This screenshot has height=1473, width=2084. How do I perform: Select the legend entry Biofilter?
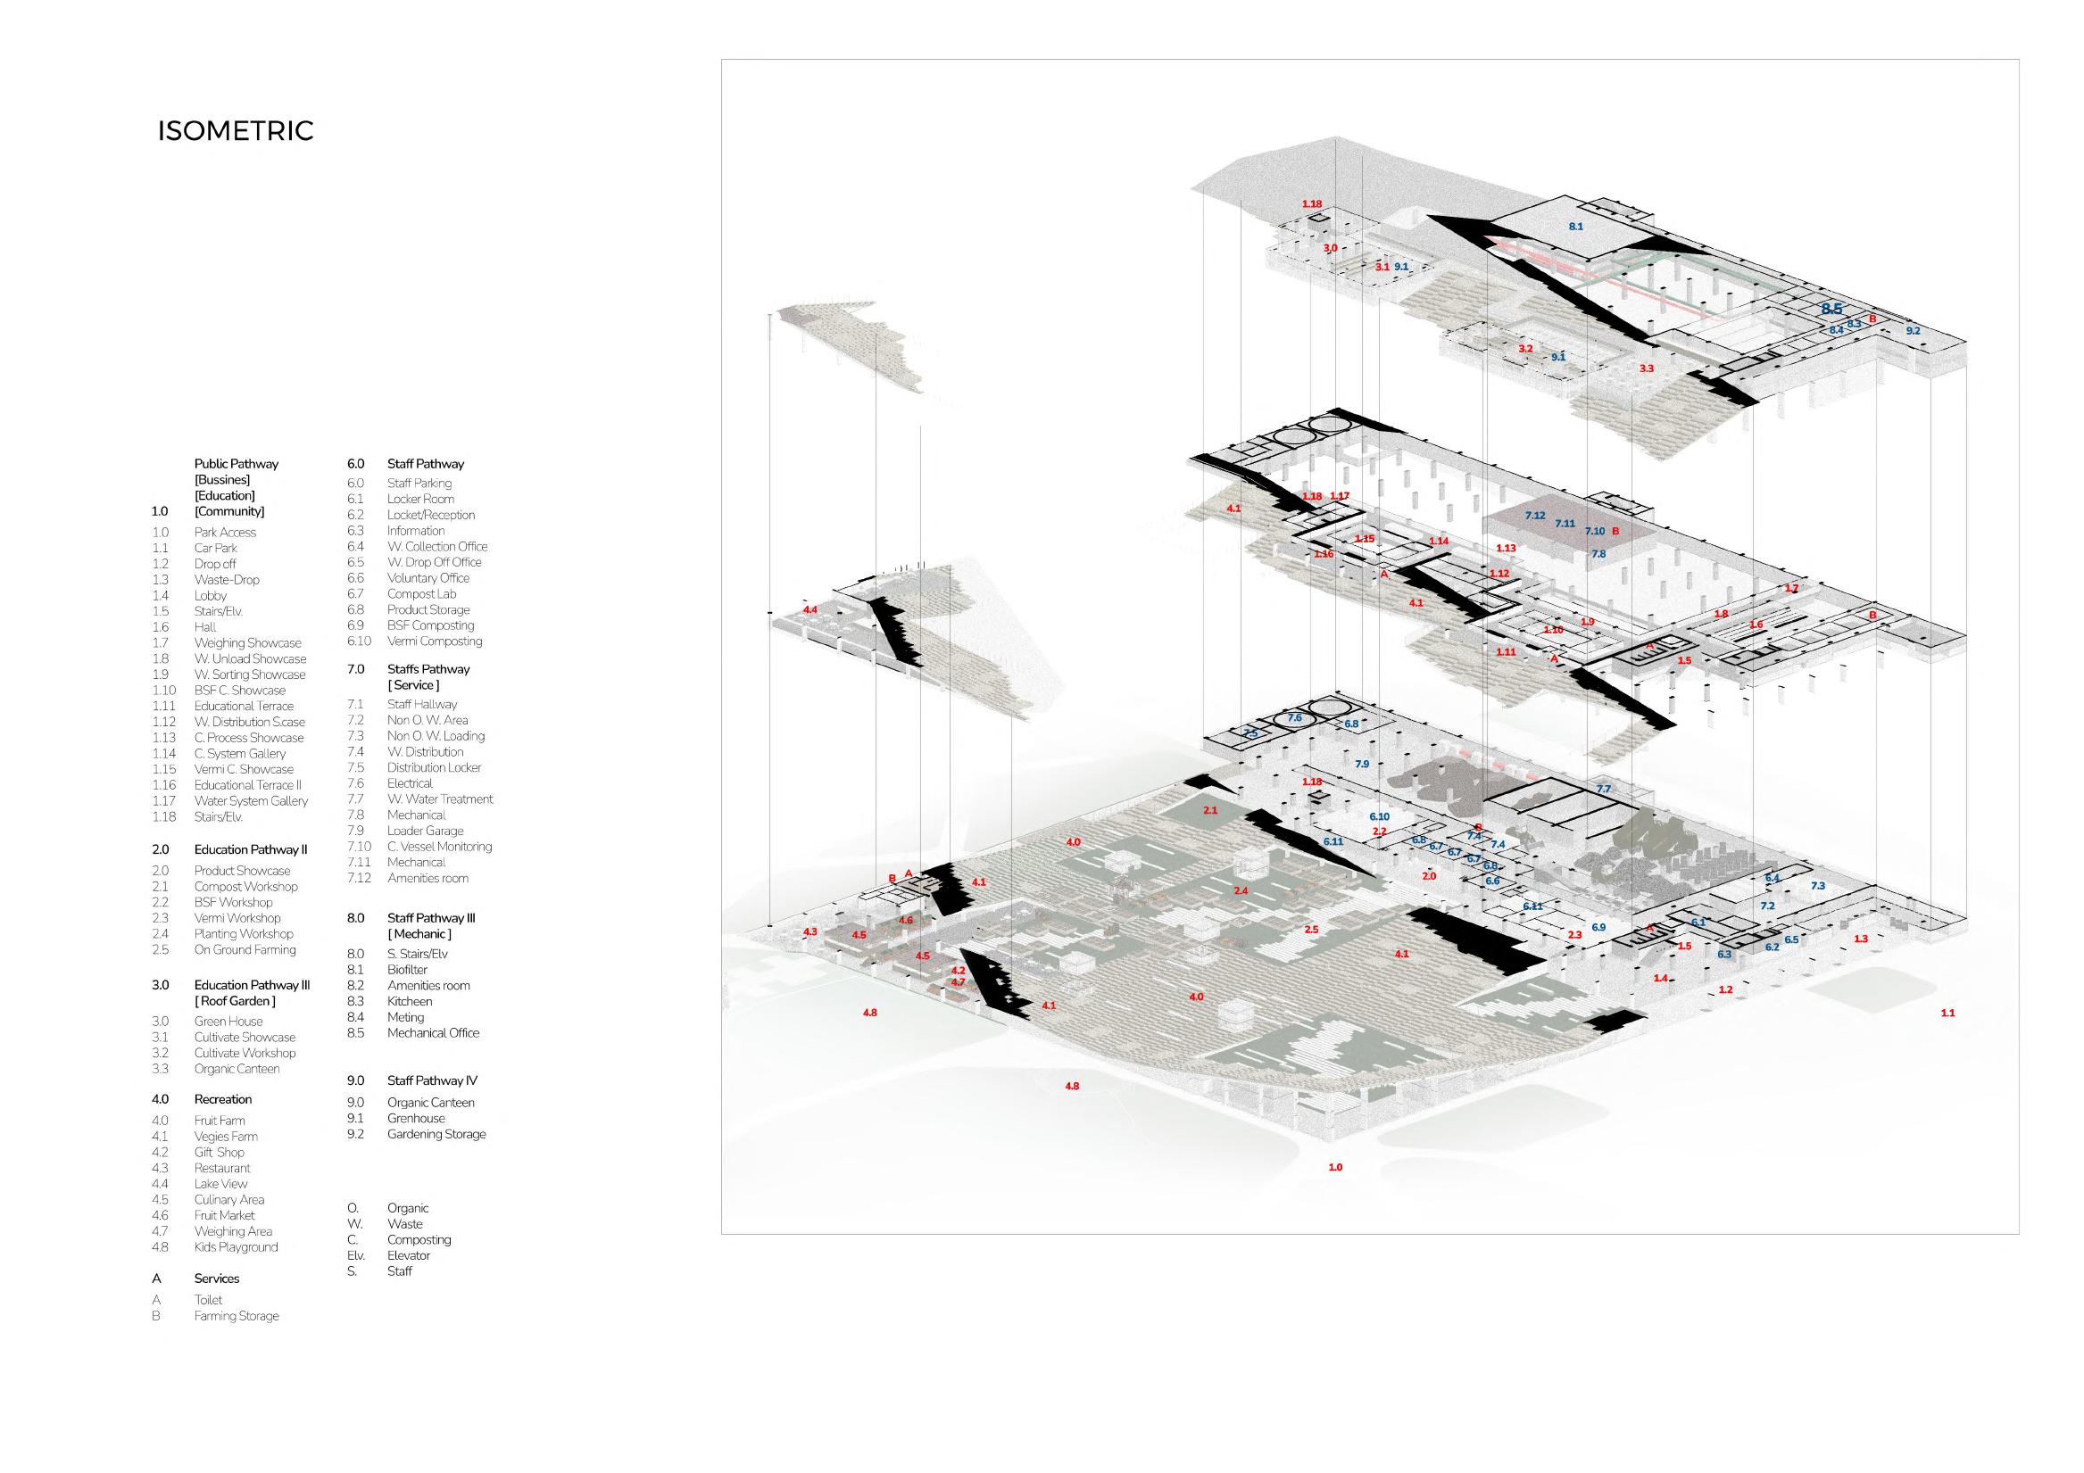click(x=407, y=969)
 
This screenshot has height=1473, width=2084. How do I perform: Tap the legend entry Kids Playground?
click(x=236, y=1247)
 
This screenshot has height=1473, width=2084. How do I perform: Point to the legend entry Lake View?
click(x=220, y=1183)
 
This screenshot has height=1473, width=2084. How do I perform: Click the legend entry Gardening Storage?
click(x=436, y=1134)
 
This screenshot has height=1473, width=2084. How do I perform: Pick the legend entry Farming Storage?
click(x=236, y=1316)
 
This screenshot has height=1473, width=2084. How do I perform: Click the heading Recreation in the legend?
click(x=222, y=1099)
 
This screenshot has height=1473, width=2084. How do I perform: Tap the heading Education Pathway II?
click(x=251, y=849)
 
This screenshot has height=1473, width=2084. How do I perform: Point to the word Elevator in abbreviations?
click(x=409, y=1255)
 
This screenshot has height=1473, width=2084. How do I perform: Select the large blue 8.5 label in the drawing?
click(x=1831, y=310)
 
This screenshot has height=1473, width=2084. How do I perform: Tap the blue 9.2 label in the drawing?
click(x=1913, y=331)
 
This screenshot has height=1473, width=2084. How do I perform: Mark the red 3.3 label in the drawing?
click(x=1646, y=368)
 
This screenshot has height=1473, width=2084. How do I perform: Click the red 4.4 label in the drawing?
click(x=810, y=610)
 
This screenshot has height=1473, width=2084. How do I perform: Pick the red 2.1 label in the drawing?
click(x=1210, y=809)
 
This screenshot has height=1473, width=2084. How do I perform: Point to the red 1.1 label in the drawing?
click(x=1947, y=1013)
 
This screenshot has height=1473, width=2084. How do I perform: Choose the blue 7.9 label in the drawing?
click(x=1361, y=765)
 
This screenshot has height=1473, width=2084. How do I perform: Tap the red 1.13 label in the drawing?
click(x=1506, y=548)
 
